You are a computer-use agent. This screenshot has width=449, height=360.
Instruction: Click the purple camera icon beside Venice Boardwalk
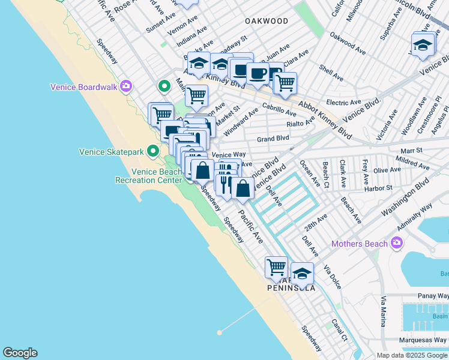(125, 86)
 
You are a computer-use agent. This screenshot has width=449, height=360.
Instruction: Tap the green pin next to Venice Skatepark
(153, 151)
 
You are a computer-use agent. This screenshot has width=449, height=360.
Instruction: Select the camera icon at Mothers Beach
(396, 243)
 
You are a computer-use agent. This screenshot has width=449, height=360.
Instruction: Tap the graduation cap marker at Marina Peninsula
(303, 273)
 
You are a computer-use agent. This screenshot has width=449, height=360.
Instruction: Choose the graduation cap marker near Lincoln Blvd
(423, 45)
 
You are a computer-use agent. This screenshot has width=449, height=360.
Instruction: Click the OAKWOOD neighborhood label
(267, 21)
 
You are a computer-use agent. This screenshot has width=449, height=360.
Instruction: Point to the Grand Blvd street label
(273, 139)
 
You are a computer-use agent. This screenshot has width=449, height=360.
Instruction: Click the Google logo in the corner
(20, 353)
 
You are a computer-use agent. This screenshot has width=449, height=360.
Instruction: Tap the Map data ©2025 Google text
(411, 355)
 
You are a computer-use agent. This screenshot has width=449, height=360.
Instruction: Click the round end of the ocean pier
(220, 331)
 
